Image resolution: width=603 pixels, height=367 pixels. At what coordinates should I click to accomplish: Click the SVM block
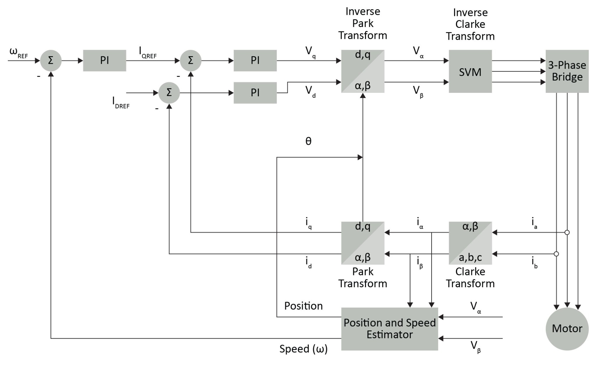(x=470, y=71)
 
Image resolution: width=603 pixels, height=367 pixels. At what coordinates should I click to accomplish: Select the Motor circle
(x=567, y=328)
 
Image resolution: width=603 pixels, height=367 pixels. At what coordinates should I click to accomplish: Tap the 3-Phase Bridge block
(x=567, y=71)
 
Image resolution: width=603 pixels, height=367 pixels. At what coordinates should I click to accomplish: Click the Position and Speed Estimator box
(x=389, y=328)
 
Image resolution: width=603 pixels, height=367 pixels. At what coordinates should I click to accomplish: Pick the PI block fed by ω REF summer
(x=104, y=60)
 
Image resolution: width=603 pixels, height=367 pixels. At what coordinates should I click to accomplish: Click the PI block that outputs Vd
(x=255, y=93)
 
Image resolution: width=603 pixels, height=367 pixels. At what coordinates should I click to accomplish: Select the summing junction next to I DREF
(x=169, y=93)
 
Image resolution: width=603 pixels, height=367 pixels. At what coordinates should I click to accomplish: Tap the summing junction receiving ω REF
(x=51, y=60)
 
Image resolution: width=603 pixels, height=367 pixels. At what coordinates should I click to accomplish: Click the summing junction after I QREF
(x=190, y=60)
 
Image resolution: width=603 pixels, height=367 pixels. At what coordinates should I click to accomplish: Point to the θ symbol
(x=308, y=141)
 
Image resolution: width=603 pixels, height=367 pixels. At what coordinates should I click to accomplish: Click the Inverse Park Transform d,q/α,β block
(x=362, y=71)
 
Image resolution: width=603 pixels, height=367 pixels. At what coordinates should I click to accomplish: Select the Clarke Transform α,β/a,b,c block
(x=470, y=243)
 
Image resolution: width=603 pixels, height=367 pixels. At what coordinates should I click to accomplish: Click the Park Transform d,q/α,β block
(x=362, y=243)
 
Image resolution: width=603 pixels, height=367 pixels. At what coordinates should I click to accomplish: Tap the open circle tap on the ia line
(x=567, y=232)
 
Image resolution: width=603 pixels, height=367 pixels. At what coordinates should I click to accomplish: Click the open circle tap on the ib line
(x=556, y=254)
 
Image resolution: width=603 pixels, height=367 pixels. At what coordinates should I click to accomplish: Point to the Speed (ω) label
(x=303, y=349)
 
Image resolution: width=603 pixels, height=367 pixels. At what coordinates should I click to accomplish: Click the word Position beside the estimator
(x=303, y=306)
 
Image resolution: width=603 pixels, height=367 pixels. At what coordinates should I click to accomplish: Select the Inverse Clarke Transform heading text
(x=470, y=24)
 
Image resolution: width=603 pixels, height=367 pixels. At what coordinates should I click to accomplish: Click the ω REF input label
(x=18, y=53)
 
